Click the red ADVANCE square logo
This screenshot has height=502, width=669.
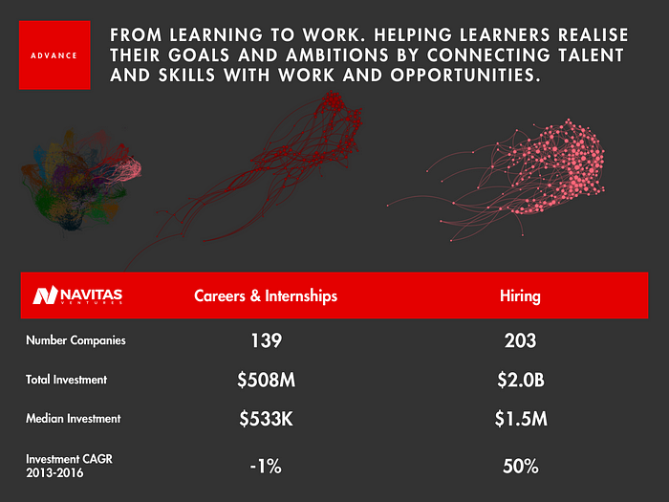pyautogui.click(x=54, y=55)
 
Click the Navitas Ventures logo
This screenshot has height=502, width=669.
pyautogui.click(x=77, y=295)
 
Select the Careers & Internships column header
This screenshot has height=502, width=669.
pyautogui.click(x=266, y=295)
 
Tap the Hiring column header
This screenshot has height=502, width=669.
pyautogui.click(x=520, y=295)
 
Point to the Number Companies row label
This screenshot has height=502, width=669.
pyautogui.click(x=76, y=340)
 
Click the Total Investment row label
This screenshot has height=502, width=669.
pyautogui.click(x=67, y=380)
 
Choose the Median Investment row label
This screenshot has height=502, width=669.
pyautogui.click(x=74, y=419)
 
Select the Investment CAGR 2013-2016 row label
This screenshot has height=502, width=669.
pyautogui.click(x=69, y=466)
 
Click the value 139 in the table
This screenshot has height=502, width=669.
pyautogui.click(x=267, y=340)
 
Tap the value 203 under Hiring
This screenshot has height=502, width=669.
pyautogui.click(x=520, y=340)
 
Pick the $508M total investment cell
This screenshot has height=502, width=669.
pyautogui.click(x=267, y=380)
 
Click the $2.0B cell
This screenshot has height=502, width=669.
pyautogui.click(x=521, y=380)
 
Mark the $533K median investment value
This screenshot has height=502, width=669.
pyautogui.click(x=267, y=419)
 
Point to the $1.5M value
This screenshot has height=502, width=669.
pyautogui.click(x=521, y=419)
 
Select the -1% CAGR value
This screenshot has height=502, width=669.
pyautogui.click(x=266, y=467)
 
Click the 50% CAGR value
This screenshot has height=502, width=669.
pyautogui.click(x=521, y=467)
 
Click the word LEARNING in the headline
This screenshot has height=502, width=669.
pyautogui.click(x=215, y=35)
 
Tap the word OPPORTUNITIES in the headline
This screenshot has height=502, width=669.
pyautogui.click(x=465, y=76)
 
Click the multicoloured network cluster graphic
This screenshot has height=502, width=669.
pyautogui.click(x=81, y=180)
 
